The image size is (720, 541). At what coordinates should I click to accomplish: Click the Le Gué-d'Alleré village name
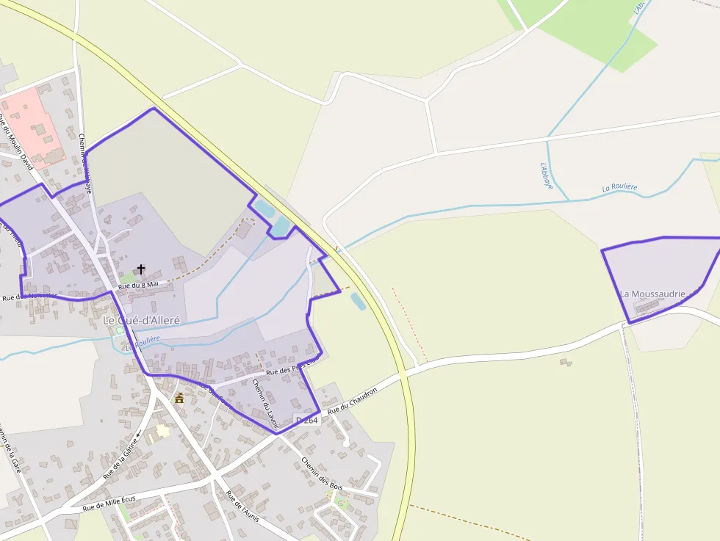click(141, 321)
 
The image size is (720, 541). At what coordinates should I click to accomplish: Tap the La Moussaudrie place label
click(652, 294)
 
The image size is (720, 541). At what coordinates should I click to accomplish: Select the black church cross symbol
click(141, 269)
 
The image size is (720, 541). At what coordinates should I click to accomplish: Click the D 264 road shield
click(306, 419)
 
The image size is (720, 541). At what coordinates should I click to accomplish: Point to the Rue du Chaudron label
click(352, 400)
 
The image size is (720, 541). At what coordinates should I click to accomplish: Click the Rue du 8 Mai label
click(138, 284)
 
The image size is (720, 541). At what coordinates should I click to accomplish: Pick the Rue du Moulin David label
click(16, 142)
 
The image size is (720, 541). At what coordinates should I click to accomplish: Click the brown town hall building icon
click(179, 398)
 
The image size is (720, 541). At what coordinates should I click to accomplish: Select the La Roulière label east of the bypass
click(619, 188)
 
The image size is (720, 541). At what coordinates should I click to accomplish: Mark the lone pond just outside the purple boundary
click(358, 300)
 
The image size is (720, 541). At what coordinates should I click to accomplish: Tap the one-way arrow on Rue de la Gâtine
click(137, 435)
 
